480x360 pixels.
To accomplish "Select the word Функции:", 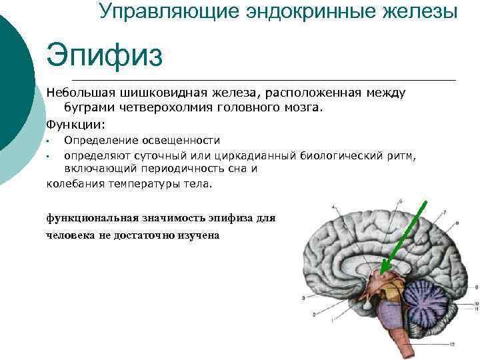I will pyautogui.click(x=76, y=124).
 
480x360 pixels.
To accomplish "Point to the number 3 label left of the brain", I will pyautogui.click(x=304, y=297).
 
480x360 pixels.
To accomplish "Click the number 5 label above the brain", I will pyautogui.click(x=401, y=201).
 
